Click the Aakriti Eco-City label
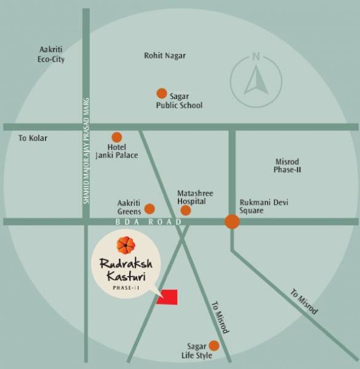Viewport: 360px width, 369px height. (x=52, y=54)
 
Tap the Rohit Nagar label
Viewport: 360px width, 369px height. (x=164, y=55)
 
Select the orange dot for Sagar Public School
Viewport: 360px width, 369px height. (x=161, y=93)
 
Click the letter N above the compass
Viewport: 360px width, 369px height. (x=255, y=57)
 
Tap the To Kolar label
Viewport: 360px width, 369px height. (x=33, y=138)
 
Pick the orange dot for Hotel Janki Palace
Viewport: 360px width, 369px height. (x=116, y=137)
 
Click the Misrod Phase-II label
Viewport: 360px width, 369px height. (x=287, y=165)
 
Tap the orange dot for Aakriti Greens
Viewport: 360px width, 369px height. (x=150, y=208)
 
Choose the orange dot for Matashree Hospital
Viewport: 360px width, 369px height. (x=185, y=210)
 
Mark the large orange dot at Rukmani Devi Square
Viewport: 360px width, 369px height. (x=232, y=222)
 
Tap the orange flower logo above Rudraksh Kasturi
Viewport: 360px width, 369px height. (x=126, y=245)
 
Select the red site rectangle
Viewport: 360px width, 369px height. (x=167, y=296)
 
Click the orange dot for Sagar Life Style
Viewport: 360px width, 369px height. (x=214, y=346)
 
